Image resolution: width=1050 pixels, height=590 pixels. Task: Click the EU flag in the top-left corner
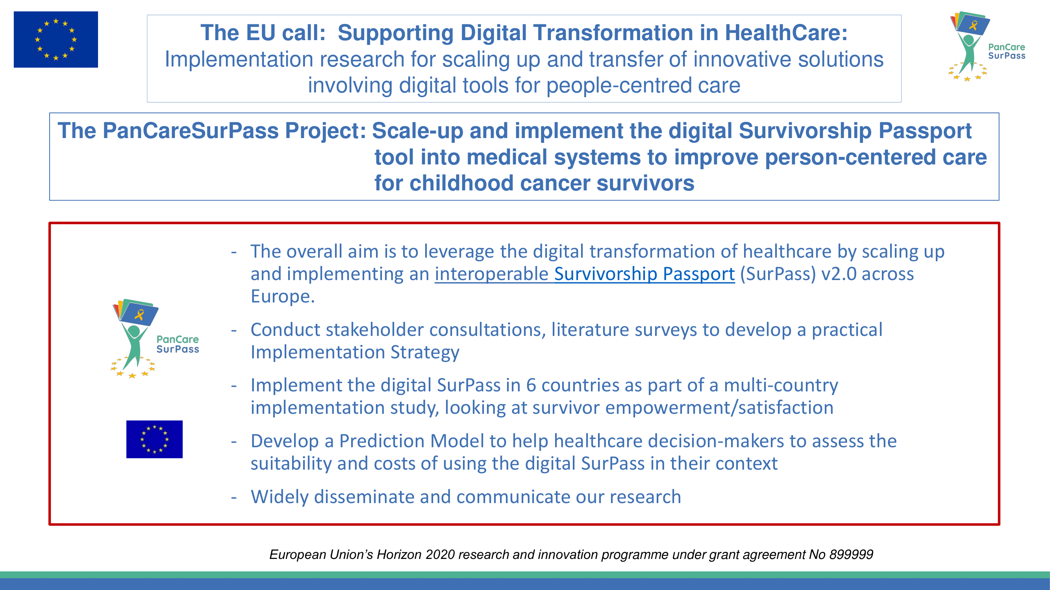pos(56,39)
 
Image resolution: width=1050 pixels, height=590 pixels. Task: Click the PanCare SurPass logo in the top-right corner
pos(986,46)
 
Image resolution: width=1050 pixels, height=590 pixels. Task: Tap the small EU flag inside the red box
pos(154,439)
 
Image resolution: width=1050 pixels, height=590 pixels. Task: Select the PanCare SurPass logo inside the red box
pos(155,338)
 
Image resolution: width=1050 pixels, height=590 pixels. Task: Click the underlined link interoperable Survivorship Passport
pos(585,274)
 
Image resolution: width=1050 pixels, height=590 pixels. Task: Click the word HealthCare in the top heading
pos(786,33)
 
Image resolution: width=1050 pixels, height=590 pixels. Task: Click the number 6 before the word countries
pos(531,385)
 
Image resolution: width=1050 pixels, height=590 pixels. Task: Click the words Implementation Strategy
pos(355,352)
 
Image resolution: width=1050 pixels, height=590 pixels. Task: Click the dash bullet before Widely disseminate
pos(233,497)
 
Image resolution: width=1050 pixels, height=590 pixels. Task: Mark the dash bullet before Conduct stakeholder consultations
pos(233,330)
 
